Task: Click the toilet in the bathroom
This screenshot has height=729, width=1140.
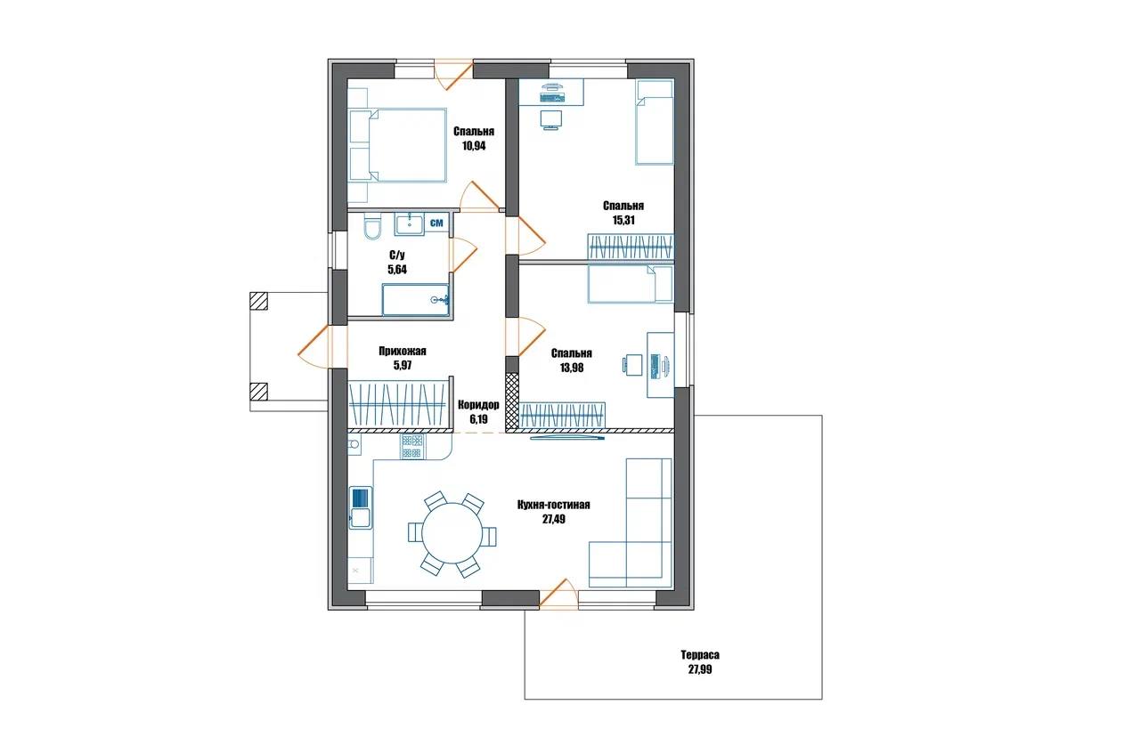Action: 372,227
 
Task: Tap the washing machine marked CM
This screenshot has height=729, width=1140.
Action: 436,223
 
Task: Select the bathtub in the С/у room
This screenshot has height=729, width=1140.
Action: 415,300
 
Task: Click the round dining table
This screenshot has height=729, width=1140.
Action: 452,532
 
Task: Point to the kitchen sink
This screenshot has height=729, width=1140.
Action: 361,507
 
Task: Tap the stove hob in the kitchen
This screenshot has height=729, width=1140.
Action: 412,447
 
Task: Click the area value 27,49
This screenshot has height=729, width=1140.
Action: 553,520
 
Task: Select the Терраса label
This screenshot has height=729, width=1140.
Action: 700,655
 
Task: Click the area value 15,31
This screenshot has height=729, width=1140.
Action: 623,220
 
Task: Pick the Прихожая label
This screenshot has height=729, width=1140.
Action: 402,351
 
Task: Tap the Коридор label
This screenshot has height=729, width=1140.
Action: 478,405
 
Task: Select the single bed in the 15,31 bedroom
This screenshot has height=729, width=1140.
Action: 655,122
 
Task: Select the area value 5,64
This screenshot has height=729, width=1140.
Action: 397,270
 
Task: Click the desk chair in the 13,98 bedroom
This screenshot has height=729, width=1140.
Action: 632,364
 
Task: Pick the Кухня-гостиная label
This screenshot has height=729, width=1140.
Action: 553,505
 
